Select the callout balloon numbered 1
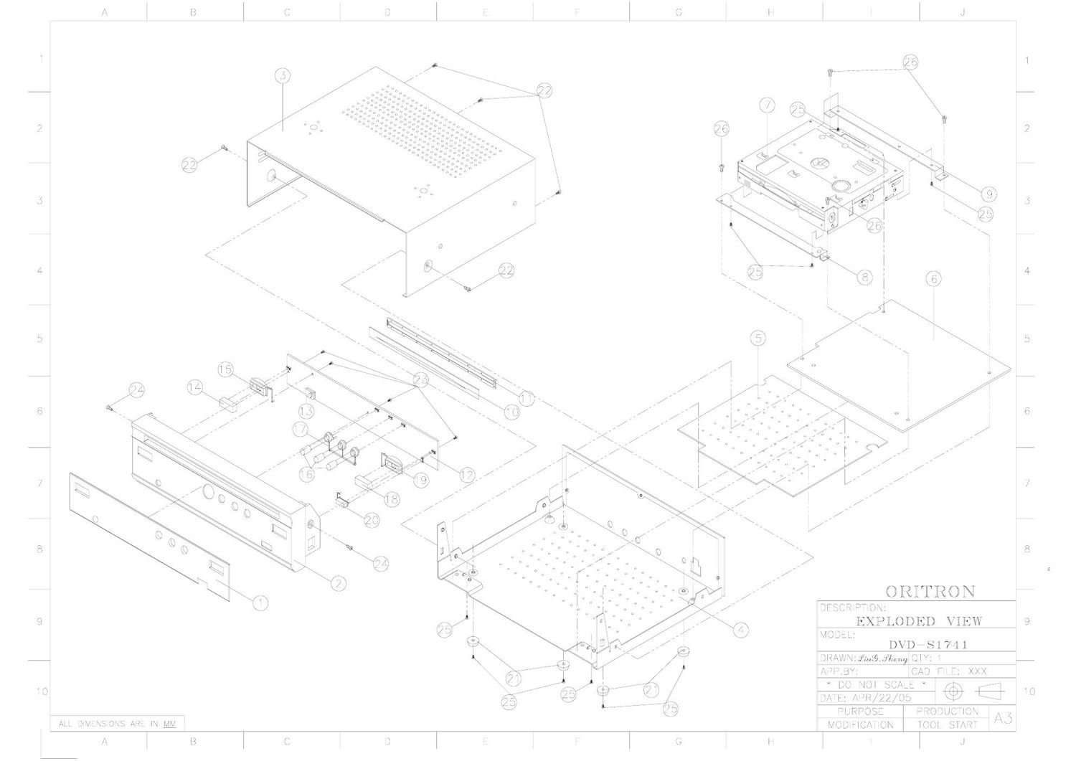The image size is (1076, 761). click(260, 602)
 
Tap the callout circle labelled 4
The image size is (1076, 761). click(740, 629)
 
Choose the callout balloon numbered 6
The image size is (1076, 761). click(933, 278)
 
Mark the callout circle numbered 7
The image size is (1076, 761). click(768, 105)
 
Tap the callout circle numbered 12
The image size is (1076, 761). click(467, 474)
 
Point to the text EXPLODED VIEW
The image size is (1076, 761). click(919, 621)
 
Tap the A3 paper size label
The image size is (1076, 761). click(1002, 717)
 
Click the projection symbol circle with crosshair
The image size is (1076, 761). click(953, 691)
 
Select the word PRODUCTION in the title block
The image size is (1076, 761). click(947, 711)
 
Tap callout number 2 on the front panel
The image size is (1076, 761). click(338, 583)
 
